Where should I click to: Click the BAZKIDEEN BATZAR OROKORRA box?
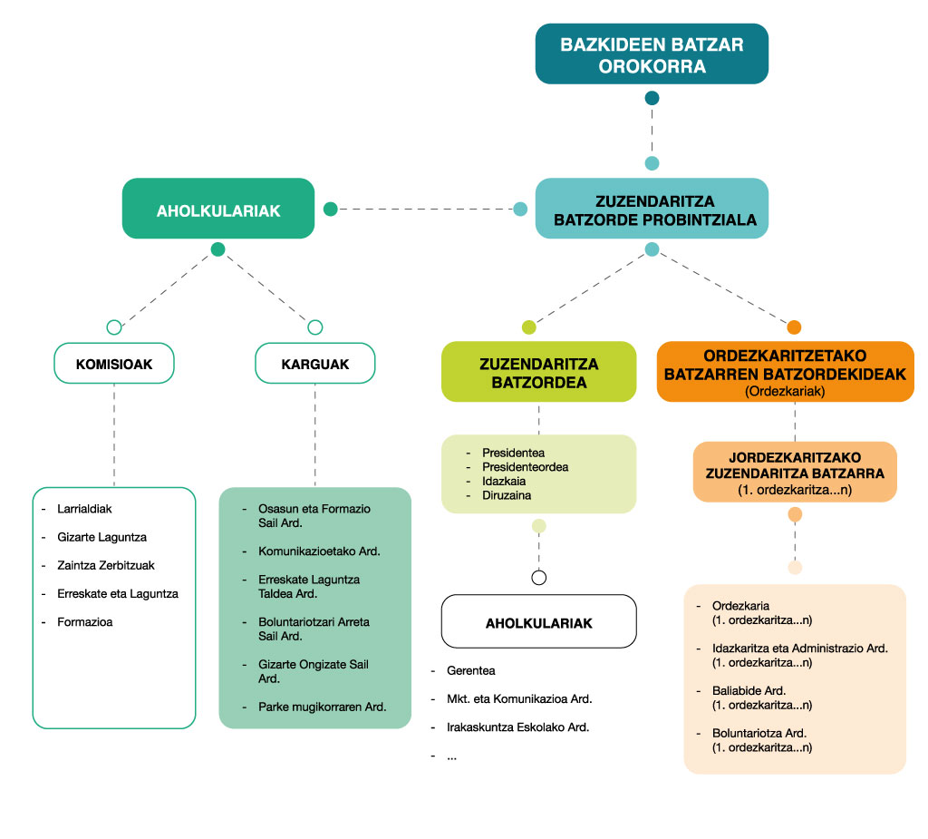652,54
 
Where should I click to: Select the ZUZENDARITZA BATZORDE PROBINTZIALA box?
652,210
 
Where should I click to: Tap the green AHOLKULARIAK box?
218,210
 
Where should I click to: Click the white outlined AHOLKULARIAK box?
538,622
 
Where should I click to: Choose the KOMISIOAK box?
114,364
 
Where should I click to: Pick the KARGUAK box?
314,364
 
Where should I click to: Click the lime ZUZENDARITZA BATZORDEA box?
538,372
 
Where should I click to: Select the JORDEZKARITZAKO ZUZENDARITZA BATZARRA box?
795,472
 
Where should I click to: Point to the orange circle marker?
795,327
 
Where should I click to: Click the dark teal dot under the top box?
652,98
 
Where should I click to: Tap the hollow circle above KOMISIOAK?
114,327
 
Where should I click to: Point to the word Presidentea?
513,452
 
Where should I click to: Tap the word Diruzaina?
507,495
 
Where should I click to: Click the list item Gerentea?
471,671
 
